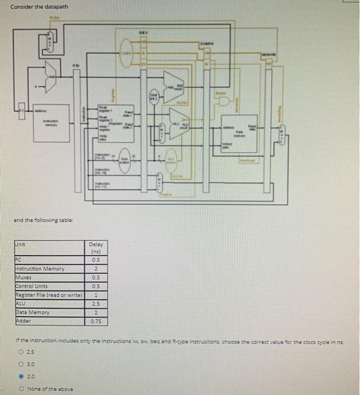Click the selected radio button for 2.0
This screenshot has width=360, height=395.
[x=20, y=376]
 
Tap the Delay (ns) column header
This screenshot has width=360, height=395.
[x=96, y=249]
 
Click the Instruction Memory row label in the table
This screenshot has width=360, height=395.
[x=40, y=269]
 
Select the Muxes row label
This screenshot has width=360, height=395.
[x=24, y=277]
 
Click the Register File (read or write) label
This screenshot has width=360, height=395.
[x=49, y=295]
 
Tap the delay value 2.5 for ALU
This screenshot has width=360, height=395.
[x=96, y=304]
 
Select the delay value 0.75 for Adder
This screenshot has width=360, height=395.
[x=96, y=321]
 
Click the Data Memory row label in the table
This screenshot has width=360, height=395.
[x=33, y=312]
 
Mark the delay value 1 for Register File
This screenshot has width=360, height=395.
[x=96, y=295]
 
